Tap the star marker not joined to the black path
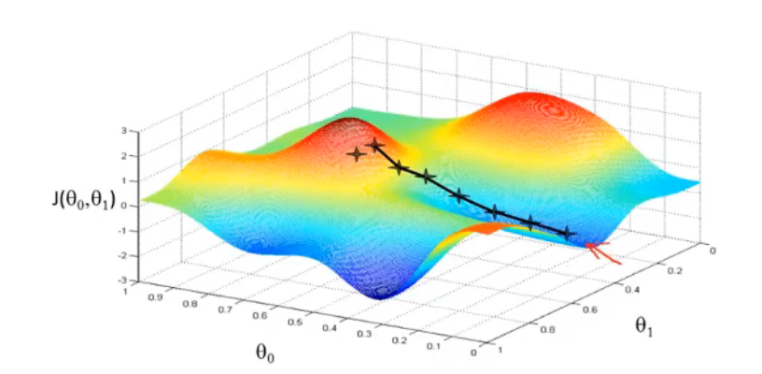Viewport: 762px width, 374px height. tap(356, 154)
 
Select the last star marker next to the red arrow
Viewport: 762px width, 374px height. tap(565, 233)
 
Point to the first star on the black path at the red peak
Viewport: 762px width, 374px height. tap(375, 146)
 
